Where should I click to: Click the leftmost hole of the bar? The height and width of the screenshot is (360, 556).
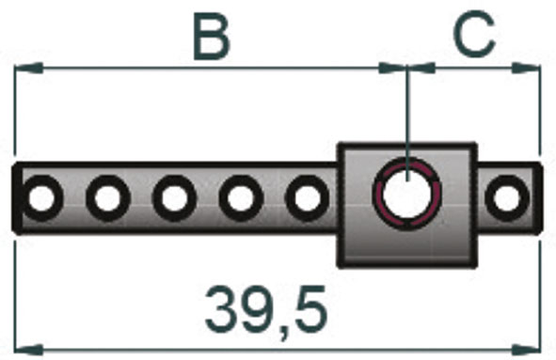pyautogui.click(x=41, y=198)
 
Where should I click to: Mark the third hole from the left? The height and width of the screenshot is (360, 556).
pyautogui.click(x=173, y=198)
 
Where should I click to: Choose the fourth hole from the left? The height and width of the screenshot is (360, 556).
pyautogui.click(x=240, y=198)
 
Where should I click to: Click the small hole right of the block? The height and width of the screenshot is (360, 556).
pyautogui.click(x=506, y=197)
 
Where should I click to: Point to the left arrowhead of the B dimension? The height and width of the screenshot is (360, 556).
pyautogui.click(x=28, y=68)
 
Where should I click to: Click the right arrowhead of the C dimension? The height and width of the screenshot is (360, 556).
pyautogui.click(x=529, y=68)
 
